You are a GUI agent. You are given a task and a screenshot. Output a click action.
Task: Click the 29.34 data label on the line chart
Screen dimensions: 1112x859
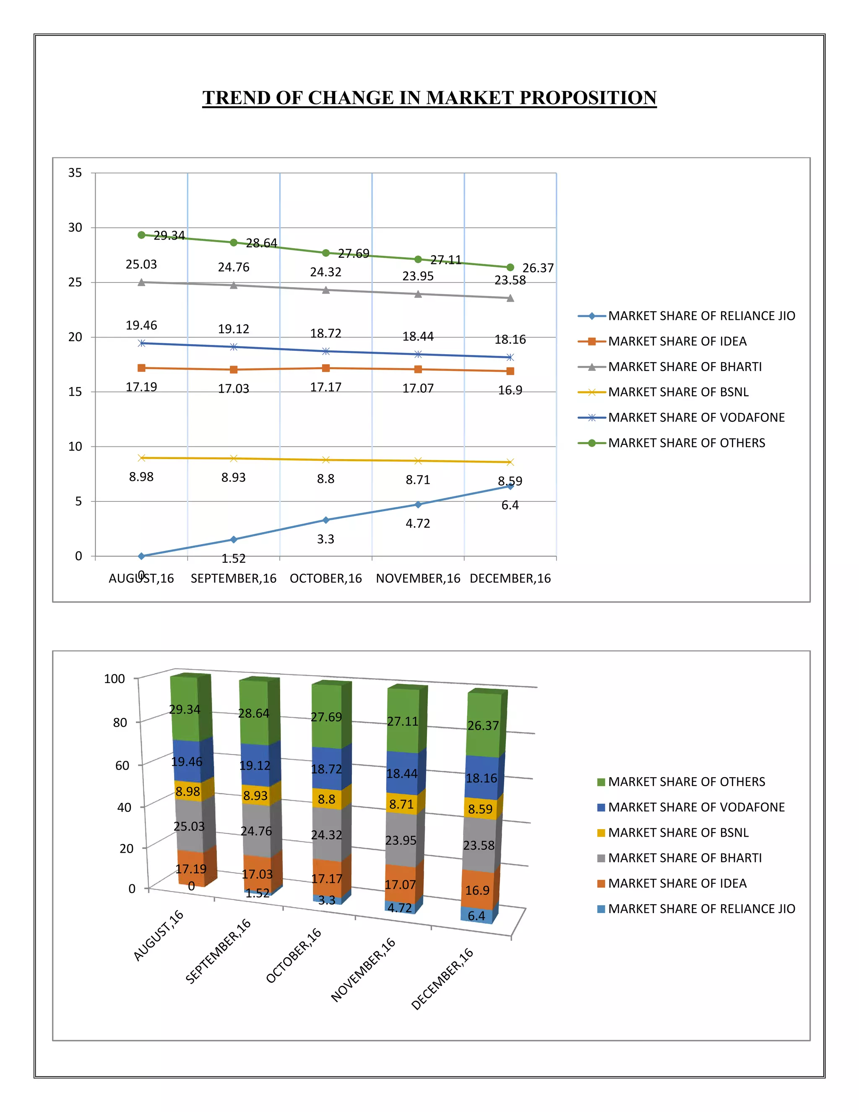pyautogui.click(x=169, y=235)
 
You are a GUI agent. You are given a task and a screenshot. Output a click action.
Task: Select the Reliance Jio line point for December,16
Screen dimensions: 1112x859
pyautogui.click(x=510, y=487)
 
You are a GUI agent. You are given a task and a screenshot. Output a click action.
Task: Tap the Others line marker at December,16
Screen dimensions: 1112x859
pyautogui.click(x=510, y=267)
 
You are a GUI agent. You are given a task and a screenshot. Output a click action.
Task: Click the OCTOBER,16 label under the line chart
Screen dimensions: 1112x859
pyautogui.click(x=325, y=578)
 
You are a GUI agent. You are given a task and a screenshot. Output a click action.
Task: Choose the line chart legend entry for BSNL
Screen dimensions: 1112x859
pyautogui.click(x=678, y=392)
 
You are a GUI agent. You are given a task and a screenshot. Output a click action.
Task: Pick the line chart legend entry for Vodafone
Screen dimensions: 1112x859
pyautogui.click(x=696, y=418)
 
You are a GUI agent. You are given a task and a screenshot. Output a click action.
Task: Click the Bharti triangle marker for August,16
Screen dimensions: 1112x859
pyautogui.click(x=141, y=282)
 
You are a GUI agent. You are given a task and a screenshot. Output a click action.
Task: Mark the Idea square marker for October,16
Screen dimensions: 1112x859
pyautogui.click(x=325, y=368)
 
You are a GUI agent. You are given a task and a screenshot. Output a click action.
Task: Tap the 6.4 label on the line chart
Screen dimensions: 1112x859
pyautogui.click(x=510, y=505)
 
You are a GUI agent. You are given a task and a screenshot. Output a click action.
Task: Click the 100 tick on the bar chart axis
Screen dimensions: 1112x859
pyautogui.click(x=114, y=679)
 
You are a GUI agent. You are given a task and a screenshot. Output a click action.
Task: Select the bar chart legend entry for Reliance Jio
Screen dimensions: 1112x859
pyautogui.click(x=701, y=909)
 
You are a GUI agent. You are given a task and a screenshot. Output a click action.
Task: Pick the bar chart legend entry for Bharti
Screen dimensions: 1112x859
pyautogui.click(x=685, y=858)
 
